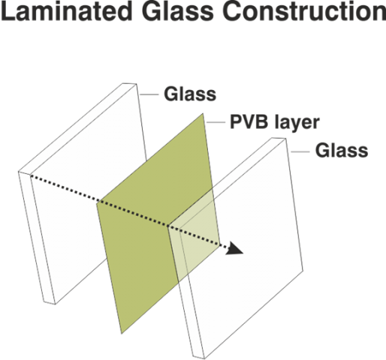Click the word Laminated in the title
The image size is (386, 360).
66,11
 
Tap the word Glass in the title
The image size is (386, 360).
177,11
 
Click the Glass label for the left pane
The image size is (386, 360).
190,94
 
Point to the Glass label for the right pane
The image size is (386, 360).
342,151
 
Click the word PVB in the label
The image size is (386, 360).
249,122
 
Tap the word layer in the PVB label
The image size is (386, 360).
297,124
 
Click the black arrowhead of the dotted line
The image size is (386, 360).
235,248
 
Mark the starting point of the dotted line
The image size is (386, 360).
31,175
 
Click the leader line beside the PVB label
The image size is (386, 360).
216,122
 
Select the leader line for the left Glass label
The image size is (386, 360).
149,94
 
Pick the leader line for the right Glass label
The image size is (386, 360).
300,151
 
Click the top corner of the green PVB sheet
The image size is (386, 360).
203,114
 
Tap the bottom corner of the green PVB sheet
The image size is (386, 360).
122,333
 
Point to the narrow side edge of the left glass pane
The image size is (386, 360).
37,238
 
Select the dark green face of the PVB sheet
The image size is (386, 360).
150,225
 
